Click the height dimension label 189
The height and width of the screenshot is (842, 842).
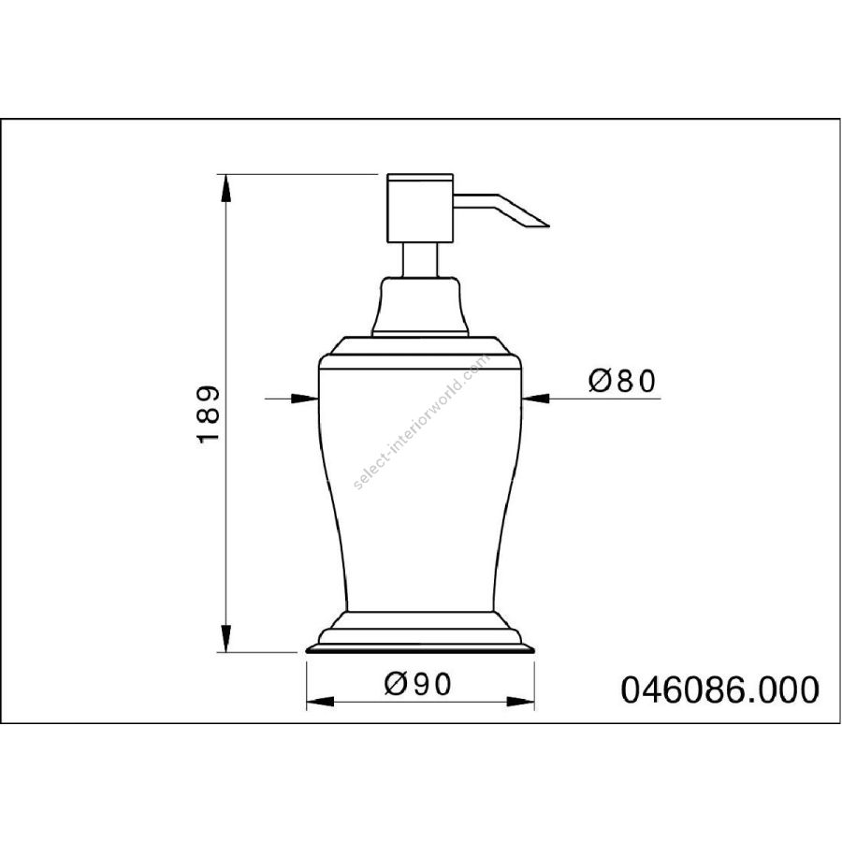[209, 413]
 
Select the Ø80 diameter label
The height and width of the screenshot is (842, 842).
[622, 382]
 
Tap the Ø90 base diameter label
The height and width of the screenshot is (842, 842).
[418, 685]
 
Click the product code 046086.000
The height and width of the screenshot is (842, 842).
[720, 690]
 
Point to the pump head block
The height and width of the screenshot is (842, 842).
[420, 209]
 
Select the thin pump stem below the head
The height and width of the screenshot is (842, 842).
[420, 260]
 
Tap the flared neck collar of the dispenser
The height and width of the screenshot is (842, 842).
[420, 306]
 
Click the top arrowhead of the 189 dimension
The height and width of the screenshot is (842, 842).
[226, 188]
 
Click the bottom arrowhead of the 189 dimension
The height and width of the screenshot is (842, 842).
[226, 638]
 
